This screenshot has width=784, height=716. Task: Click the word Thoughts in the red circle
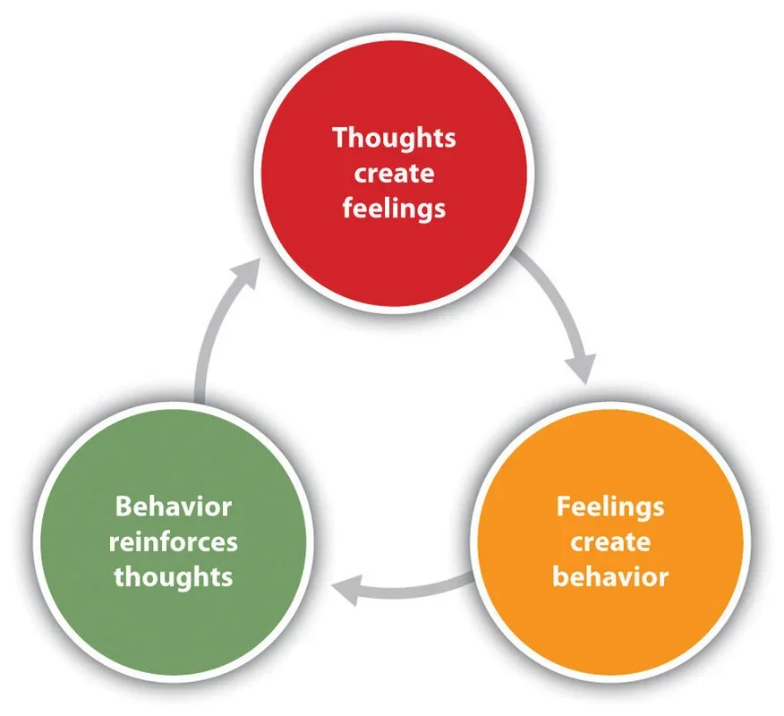[x=394, y=139]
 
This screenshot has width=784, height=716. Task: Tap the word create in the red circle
[x=394, y=174]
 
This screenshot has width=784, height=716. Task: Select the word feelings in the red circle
[x=394, y=209]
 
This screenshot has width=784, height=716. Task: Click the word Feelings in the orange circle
[x=610, y=507]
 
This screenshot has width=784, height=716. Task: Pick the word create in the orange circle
[x=610, y=541]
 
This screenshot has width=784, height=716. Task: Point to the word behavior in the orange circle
[x=610, y=576]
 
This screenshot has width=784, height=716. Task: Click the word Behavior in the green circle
[x=174, y=507]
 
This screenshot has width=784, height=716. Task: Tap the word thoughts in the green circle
[x=174, y=576]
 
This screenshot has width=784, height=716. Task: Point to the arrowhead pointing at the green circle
[x=349, y=588]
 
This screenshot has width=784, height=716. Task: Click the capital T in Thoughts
[x=339, y=139]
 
